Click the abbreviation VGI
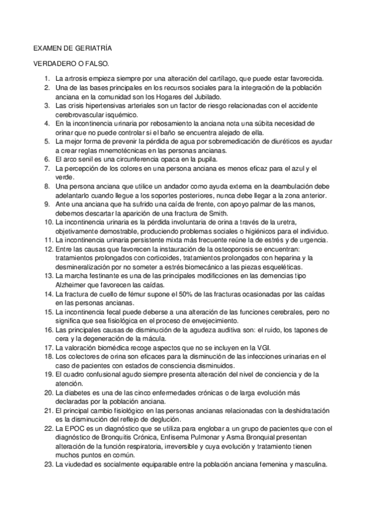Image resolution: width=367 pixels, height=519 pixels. point(242,347)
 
